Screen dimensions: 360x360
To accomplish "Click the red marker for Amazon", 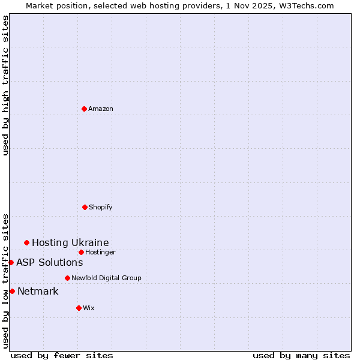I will [x=84, y=109].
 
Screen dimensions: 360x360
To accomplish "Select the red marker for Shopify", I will [x=85, y=207].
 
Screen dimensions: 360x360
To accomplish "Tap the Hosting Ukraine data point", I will [x=26, y=242].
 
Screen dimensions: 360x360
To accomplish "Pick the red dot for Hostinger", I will [x=81, y=252].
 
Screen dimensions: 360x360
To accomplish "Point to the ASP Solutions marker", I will [x=11, y=262].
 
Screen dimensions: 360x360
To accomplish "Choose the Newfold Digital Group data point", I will [x=67, y=278].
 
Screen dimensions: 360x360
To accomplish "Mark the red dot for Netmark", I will [x=12, y=291].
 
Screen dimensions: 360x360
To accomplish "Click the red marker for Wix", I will [x=79, y=308].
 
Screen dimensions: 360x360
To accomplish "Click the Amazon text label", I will [x=101, y=109].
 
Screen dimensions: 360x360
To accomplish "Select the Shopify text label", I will [x=101, y=207].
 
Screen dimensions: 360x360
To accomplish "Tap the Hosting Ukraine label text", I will [x=70, y=242].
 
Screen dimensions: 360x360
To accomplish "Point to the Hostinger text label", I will [x=100, y=252].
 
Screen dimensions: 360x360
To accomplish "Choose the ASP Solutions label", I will [x=49, y=262].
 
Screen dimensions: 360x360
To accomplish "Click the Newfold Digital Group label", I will [x=106, y=278].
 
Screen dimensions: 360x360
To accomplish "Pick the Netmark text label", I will [x=38, y=292].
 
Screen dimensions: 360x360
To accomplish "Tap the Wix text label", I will [x=89, y=308].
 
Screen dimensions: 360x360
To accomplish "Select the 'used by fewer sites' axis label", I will [x=62, y=355].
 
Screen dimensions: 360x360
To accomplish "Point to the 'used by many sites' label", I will [x=301, y=355].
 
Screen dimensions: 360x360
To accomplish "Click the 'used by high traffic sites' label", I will [x=5, y=85].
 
